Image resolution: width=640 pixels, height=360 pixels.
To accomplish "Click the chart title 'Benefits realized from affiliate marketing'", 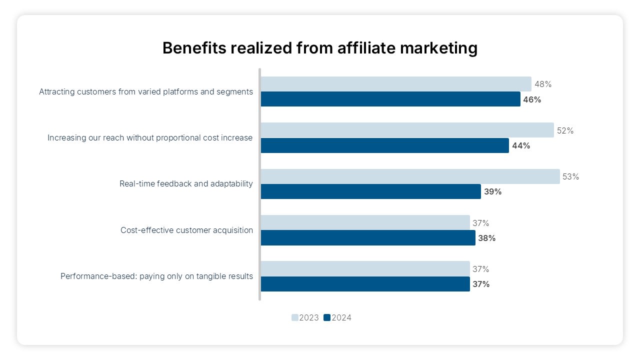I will point(320,48).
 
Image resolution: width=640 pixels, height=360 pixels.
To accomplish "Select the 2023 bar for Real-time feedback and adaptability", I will point(410,176).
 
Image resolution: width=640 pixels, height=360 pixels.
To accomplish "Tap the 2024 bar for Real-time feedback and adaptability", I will point(370,191).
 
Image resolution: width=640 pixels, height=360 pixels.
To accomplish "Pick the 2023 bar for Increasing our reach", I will point(407,130).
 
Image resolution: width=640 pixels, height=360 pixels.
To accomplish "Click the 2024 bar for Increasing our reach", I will point(384,145).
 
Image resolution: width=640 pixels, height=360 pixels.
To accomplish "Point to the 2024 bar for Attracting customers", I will point(390,99).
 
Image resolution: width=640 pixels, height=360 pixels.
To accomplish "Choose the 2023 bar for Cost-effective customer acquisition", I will point(365,223).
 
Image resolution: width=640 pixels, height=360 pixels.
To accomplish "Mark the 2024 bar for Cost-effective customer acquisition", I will point(368,238).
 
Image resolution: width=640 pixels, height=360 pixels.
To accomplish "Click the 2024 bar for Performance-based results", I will point(365,284).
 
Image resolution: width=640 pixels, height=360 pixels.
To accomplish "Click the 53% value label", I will point(570,176).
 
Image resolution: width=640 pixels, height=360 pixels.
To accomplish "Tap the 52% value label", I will point(565,130).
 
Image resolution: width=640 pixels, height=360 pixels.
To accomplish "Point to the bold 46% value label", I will point(532,99).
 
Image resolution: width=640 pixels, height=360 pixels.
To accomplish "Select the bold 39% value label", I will point(492,192).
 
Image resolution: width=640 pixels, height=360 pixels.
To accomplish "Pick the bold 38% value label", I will point(486,238).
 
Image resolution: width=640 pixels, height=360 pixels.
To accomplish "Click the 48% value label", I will point(542,84).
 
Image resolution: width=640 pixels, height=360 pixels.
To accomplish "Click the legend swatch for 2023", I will point(295,317).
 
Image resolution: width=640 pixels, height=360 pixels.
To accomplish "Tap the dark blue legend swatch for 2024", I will point(327,317).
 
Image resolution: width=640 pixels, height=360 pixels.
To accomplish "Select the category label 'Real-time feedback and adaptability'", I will point(186,183).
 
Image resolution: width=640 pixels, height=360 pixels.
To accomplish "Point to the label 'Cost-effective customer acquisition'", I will point(186,230).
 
